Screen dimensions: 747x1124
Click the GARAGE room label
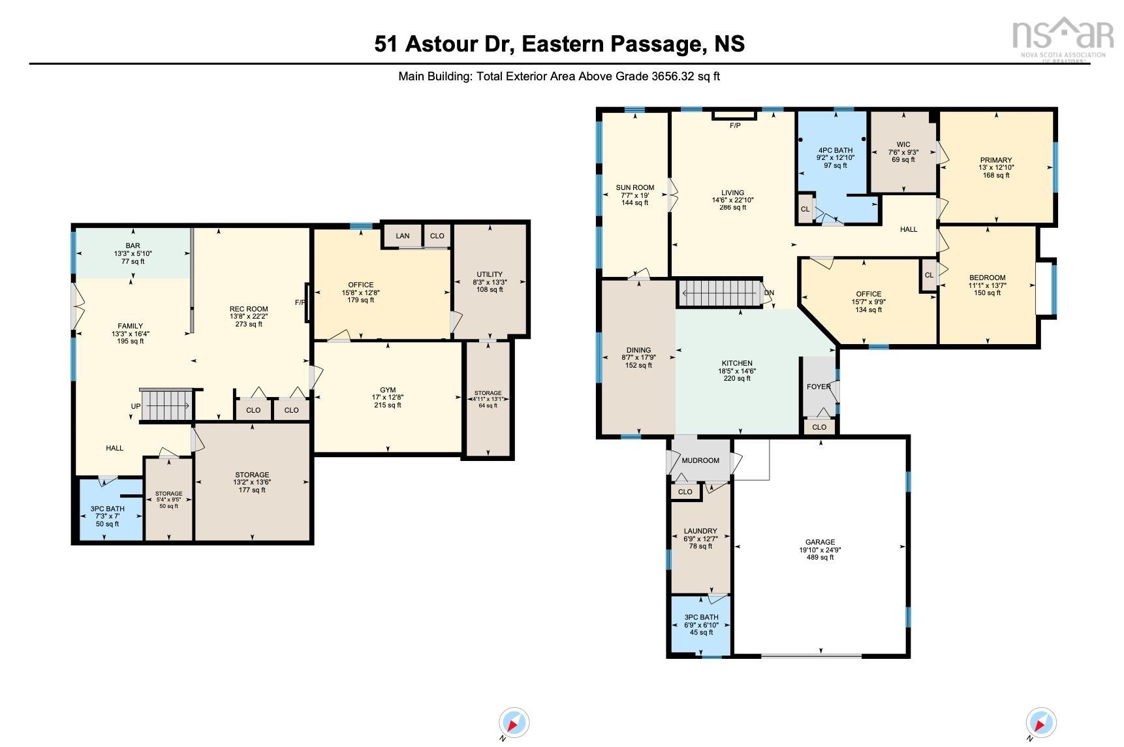pyautogui.click(x=820, y=542)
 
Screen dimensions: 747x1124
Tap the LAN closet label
pyautogui.click(x=403, y=236)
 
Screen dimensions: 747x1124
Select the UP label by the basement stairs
pyautogui.click(x=136, y=406)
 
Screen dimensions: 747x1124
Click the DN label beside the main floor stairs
pyautogui.click(x=769, y=293)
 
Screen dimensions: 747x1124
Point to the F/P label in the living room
pyautogui.click(x=735, y=125)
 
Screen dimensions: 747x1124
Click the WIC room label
pyautogui.click(x=903, y=145)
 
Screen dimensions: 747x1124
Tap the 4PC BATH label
pyautogui.click(x=835, y=150)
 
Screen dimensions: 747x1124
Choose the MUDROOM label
pyautogui.click(x=700, y=460)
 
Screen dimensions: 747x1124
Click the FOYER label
pyautogui.click(x=819, y=387)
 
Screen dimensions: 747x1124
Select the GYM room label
pyautogui.click(x=388, y=390)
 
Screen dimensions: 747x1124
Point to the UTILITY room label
pyautogui.click(x=490, y=274)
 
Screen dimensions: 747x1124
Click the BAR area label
pyautogui.click(x=133, y=246)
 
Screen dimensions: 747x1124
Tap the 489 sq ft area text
pyautogui.click(x=820, y=558)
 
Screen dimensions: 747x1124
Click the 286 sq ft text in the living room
pyautogui.click(x=732, y=208)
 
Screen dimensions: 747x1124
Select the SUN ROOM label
pyautogui.click(x=634, y=188)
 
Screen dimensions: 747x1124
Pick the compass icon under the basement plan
pyautogui.click(x=514, y=723)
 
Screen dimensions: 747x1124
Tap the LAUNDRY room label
pyautogui.click(x=700, y=531)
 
